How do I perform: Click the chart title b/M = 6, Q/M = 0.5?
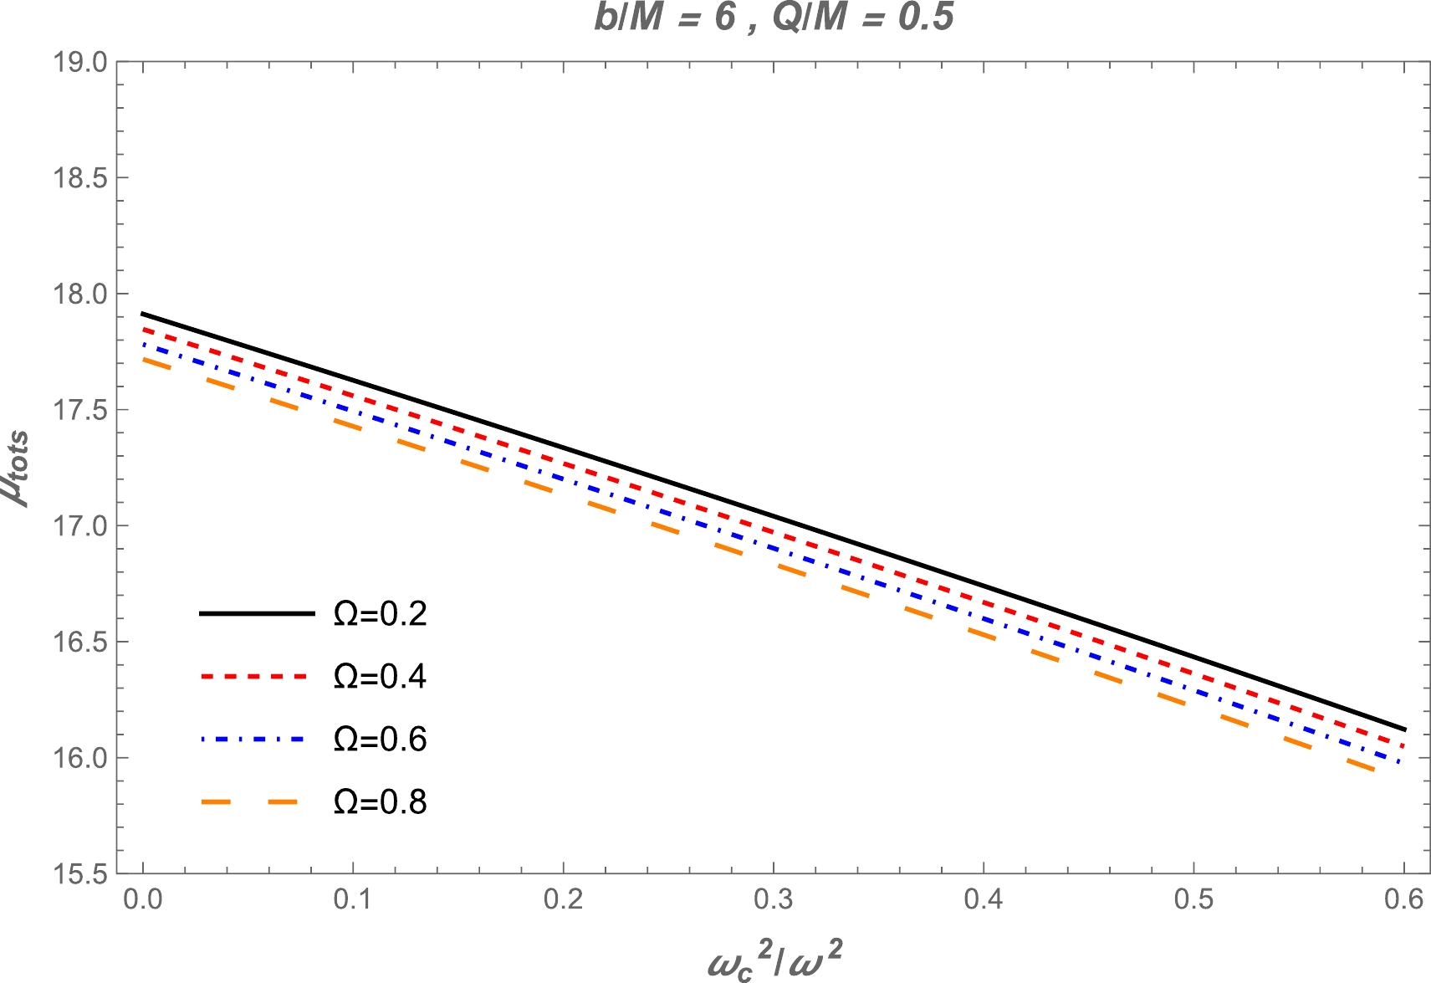(774, 18)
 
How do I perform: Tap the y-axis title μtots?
(15, 468)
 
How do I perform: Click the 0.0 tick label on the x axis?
(143, 900)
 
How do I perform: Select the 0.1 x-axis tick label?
(353, 900)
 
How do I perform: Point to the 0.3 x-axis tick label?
(774, 900)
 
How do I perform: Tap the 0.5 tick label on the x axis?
(1193, 900)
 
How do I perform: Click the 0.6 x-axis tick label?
(1403, 900)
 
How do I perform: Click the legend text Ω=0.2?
(381, 614)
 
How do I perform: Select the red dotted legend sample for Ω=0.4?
(256, 676)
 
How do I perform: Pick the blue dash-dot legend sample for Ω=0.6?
(256, 739)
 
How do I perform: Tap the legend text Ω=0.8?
(381, 802)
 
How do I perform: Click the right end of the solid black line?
(1403, 729)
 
